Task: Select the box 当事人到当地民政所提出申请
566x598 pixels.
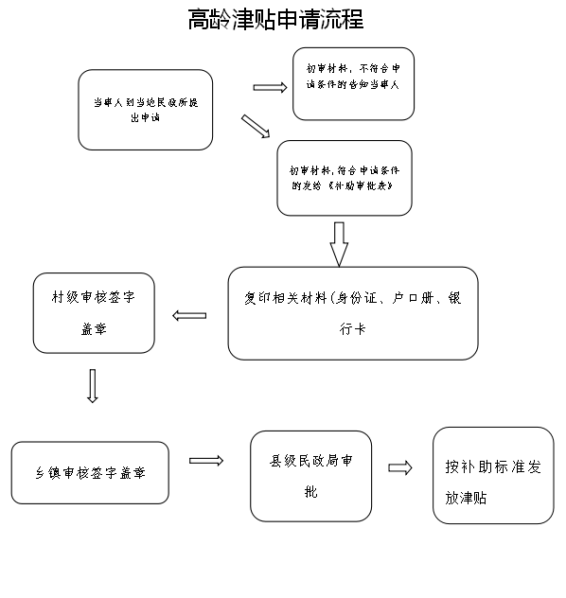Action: (x=145, y=109)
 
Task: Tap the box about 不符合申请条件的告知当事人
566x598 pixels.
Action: (x=353, y=83)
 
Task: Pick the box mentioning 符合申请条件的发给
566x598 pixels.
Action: (x=345, y=178)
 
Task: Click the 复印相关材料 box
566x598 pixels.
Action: (x=352, y=312)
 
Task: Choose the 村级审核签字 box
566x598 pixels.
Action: (x=93, y=312)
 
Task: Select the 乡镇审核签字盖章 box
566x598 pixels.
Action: (x=90, y=472)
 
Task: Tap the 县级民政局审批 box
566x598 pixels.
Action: (x=310, y=475)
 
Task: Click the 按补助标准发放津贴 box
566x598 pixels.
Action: (x=493, y=475)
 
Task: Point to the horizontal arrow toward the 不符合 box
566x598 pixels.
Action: (x=270, y=88)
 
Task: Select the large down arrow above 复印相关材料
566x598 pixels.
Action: (x=339, y=243)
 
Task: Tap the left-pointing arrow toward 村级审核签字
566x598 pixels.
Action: (x=189, y=315)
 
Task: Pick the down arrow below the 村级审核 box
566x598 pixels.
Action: (x=92, y=385)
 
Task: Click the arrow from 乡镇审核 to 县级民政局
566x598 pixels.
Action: (x=205, y=461)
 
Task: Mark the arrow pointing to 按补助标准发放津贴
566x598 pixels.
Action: (x=400, y=467)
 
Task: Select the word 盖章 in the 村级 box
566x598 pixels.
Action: (x=93, y=331)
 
